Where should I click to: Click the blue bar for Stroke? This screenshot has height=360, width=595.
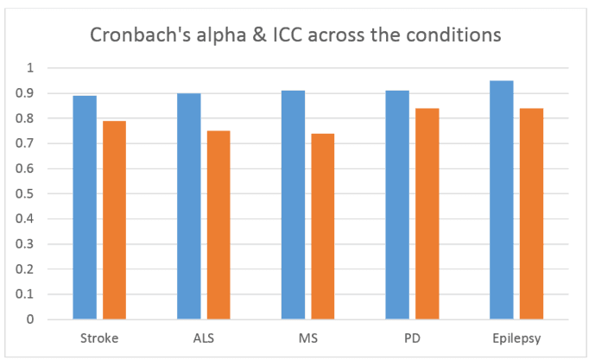[x=85, y=207]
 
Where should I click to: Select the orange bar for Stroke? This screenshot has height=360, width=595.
[x=114, y=220]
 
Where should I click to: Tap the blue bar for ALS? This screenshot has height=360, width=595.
[x=189, y=206]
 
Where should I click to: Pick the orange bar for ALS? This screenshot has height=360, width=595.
[x=218, y=225]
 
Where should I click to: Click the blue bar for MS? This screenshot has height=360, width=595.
[x=293, y=205]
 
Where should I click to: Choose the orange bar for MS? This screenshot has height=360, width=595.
[x=323, y=226]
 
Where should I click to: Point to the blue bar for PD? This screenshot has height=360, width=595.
[x=397, y=205]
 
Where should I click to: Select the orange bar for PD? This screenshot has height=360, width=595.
[x=427, y=213]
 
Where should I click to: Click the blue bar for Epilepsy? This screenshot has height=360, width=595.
[x=502, y=200]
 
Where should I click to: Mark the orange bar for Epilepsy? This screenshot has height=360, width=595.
[x=531, y=213]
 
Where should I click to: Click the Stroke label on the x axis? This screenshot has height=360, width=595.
[x=99, y=338]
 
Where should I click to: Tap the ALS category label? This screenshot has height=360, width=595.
[x=204, y=338]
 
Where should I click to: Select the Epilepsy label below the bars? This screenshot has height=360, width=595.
[x=516, y=338]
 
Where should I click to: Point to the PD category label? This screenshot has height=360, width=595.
[x=412, y=338]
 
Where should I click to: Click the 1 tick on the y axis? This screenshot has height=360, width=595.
[x=30, y=68]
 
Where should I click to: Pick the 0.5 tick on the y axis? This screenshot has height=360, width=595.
[x=25, y=193]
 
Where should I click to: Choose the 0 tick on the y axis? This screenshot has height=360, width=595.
[x=30, y=319]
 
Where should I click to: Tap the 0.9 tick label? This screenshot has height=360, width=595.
[x=25, y=93]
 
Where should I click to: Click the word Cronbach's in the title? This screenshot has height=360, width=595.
[x=141, y=35]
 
